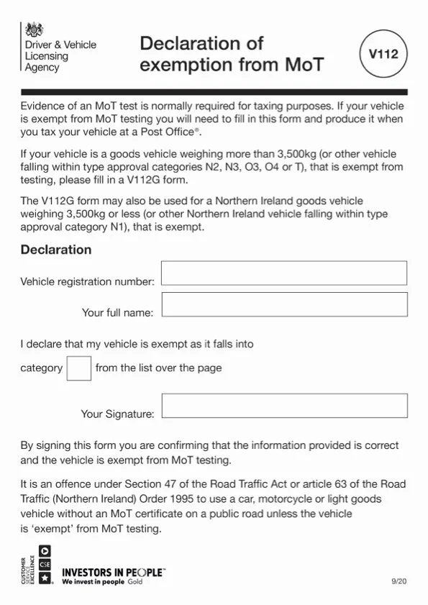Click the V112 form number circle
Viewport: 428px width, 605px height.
(x=383, y=54)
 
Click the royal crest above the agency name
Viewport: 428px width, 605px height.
(x=34, y=29)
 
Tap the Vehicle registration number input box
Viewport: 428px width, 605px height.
(x=284, y=273)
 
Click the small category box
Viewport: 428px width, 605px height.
(x=78, y=368)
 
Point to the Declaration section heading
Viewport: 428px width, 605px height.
(x=56, y=250)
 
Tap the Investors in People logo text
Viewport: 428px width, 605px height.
(x=113, y=573)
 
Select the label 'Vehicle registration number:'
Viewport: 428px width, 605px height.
(x=87, y=281)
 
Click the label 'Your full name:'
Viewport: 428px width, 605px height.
(x=117, y=313)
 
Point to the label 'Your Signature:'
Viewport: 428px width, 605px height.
(x=117, y=414)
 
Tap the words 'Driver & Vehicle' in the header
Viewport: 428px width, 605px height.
(x=60, y=45)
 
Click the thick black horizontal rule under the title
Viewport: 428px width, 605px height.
(x=214, y=92)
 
